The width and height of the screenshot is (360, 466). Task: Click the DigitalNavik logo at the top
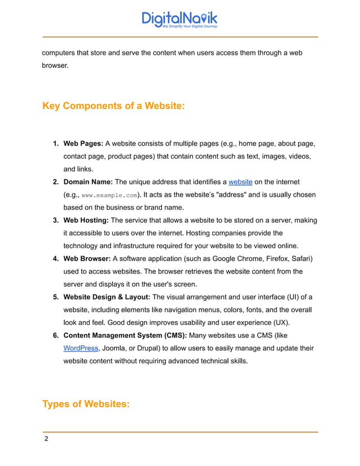(179, 19)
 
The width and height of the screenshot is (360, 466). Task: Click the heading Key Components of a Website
(113, 105)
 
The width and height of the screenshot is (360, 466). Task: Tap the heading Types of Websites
(86, 404)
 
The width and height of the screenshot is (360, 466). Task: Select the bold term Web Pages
(83, 143)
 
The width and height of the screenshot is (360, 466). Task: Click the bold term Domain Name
(87, 182)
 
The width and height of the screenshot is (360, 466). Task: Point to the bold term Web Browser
(87, 259)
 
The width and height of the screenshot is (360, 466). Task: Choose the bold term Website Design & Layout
(107, 297)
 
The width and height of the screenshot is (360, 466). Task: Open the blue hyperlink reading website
(240, 182)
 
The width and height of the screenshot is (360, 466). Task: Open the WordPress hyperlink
(81, 349)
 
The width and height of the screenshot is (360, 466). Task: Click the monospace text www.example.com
(109, 195)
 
